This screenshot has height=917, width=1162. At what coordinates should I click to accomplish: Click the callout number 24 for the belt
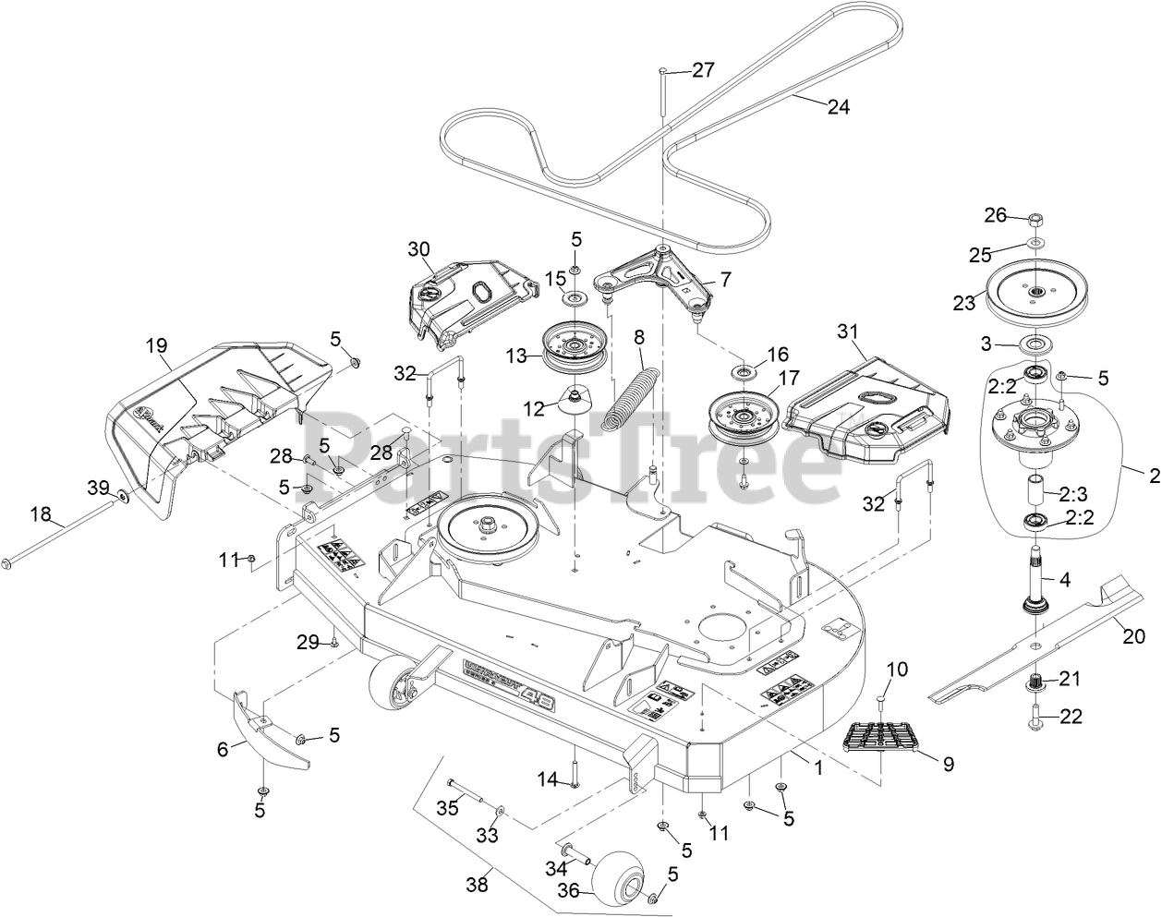click(x=837, y=106)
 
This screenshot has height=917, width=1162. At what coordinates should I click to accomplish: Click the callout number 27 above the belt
click(x=703, y=70)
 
